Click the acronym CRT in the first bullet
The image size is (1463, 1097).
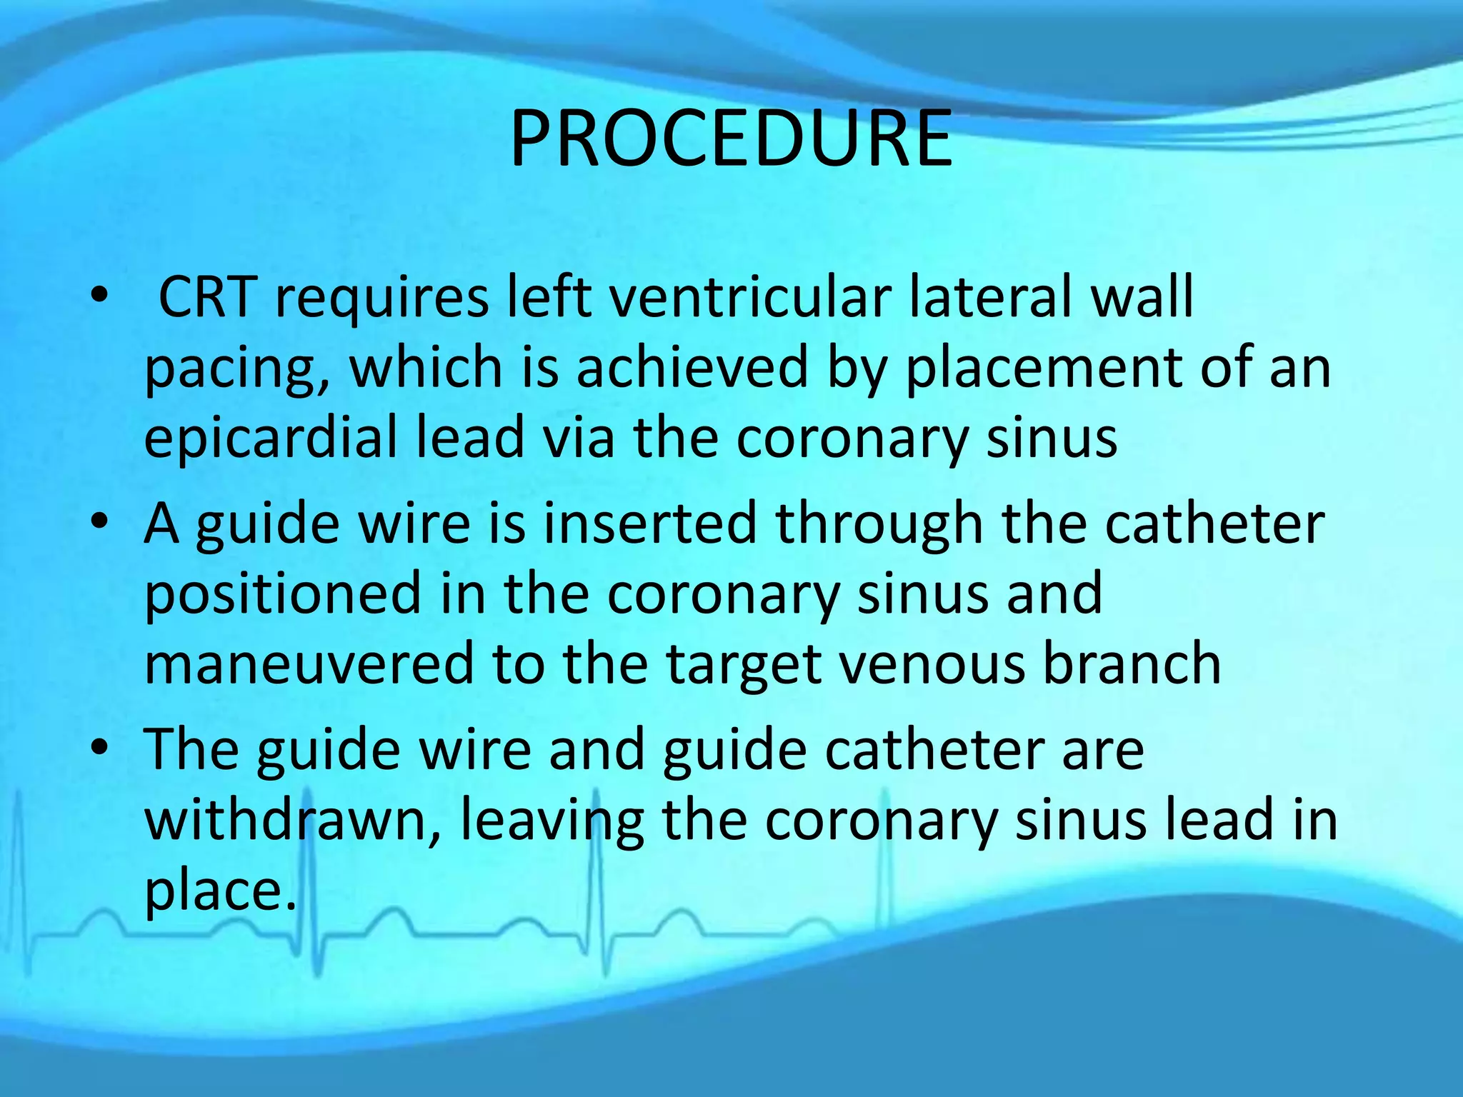click(x=207, y=296)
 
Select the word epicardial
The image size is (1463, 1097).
click(x=271, y=437)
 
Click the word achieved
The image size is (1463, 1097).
click(x=691, y=367)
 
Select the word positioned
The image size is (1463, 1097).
click(x=283, y=593)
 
